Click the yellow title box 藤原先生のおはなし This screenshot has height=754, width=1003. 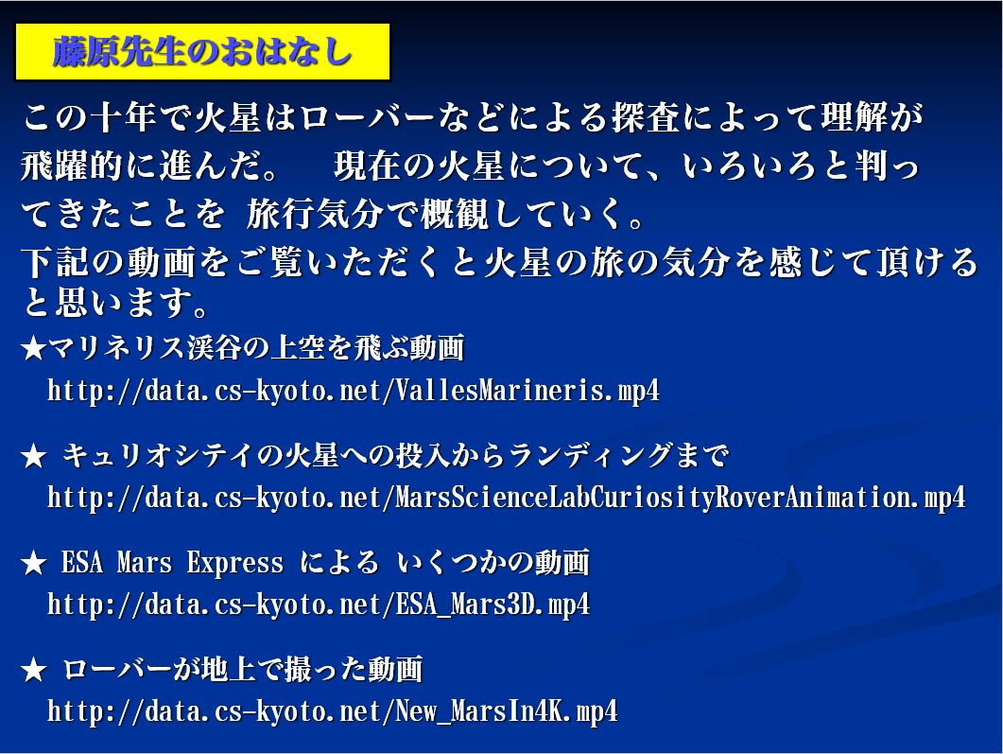click(202, 52)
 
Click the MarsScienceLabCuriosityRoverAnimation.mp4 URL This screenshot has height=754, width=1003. click(507, 498)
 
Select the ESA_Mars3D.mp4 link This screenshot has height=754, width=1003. click(319, 605)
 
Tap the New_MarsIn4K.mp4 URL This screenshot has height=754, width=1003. click(333, 711)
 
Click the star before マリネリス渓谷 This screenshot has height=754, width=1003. click(33, 349)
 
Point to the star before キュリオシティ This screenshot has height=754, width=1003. click(33, 457)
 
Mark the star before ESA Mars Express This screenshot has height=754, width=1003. click(33, 564)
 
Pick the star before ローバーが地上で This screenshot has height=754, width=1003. click(33, 671)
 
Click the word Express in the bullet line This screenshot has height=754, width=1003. click(235, 563)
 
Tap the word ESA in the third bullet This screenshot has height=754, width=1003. click(82, 563)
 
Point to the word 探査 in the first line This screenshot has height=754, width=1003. click(646, 118)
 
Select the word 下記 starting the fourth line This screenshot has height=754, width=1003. click(55, 262)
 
